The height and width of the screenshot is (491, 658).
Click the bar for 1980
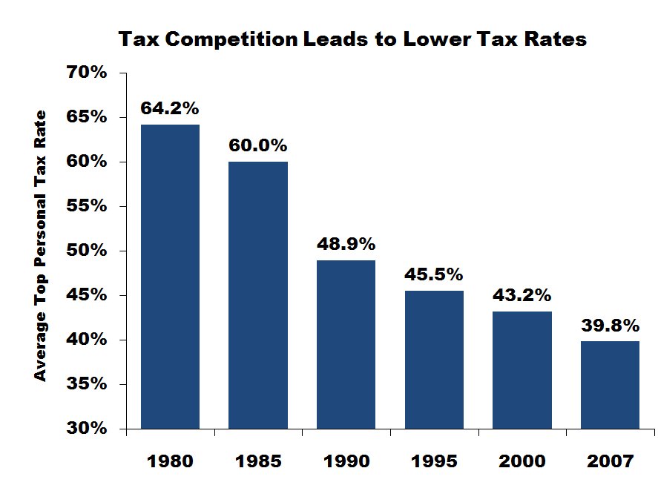coord(170,276)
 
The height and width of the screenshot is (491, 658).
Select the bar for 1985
coord(258,295)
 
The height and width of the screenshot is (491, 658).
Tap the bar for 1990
coord(346,344)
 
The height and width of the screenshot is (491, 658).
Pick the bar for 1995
coord(434,360)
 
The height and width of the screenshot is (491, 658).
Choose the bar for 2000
coord(522,370)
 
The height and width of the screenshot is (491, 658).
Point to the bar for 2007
coord(610,385)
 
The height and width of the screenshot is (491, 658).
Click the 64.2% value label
coord(170,108)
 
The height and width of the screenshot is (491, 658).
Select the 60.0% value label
coord(258,145)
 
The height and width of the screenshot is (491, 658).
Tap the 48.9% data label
coord(346,244)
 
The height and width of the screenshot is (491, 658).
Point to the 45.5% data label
coord(434,274)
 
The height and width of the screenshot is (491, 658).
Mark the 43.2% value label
coord(522,294)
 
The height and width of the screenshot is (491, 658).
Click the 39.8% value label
coord(610,325)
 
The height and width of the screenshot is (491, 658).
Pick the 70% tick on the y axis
coord(88,73)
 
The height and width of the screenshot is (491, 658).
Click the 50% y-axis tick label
coord(88,251)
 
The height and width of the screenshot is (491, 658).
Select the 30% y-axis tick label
coord(88,429)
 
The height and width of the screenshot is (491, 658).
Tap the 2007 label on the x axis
coord(610,461)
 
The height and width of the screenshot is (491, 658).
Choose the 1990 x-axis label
coord(346,461)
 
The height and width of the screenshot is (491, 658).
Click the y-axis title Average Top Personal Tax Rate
coord(41,245)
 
